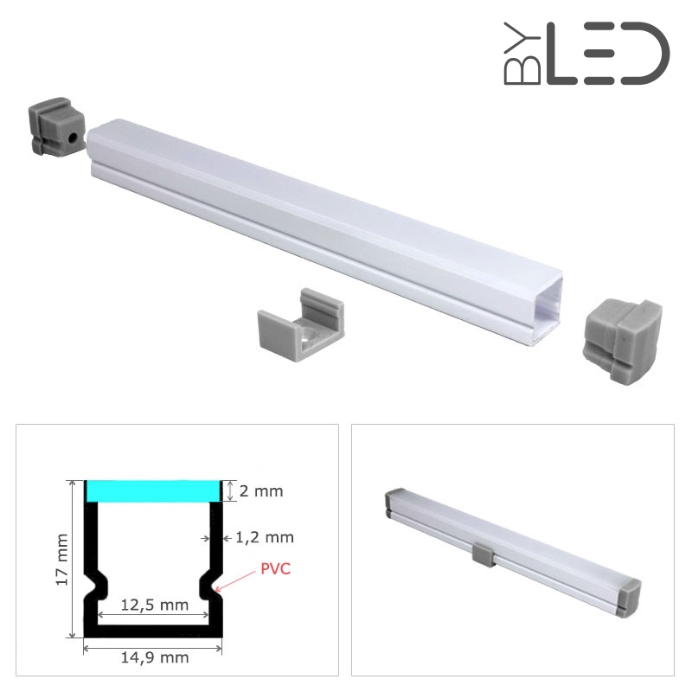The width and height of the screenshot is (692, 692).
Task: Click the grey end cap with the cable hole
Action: [x=56, y=126]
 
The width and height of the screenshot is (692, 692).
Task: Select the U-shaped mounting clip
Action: [x=300, y=325]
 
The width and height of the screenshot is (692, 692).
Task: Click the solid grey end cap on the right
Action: [x=622, y=340]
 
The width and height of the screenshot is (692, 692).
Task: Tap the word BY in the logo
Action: [x=522, y=54]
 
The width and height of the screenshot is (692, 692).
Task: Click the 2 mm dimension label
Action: [x=261, y=490]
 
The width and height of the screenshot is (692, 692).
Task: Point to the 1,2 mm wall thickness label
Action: [x=265, y=537]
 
